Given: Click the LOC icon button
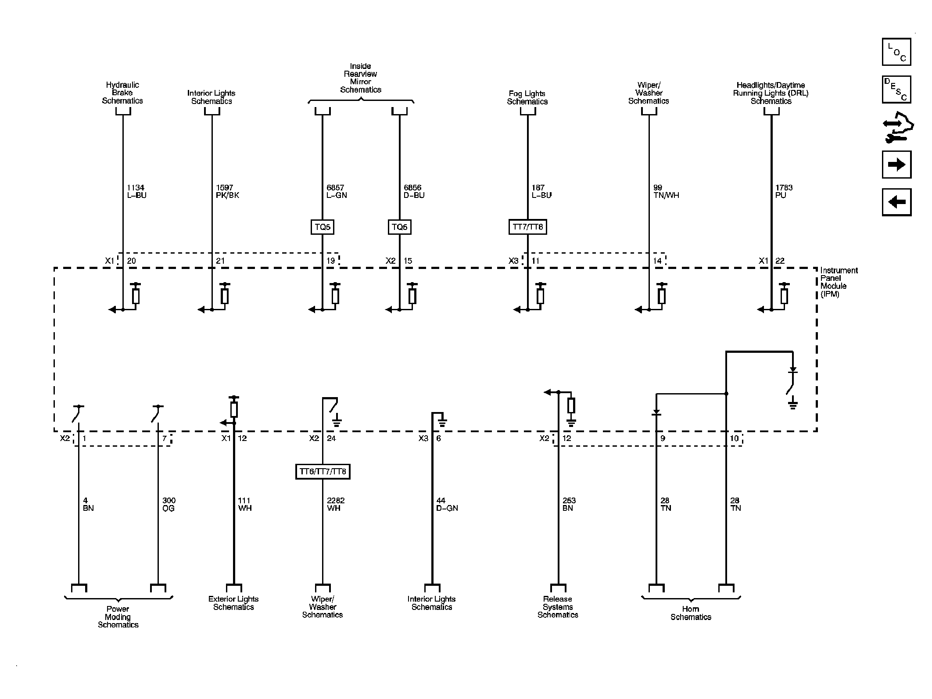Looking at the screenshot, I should coord(896,52).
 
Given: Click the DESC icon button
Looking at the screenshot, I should coord(896,90).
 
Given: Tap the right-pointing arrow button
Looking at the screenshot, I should coord(896,165).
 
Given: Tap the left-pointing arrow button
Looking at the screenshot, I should coord(896,202).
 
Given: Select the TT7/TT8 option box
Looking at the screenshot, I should coord(527,227).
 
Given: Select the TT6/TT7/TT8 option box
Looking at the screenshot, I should coord(323,472).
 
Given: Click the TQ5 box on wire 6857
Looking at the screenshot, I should coord(323,227).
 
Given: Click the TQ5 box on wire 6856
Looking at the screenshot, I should coord(399,227).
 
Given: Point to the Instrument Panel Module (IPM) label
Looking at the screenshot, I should coord(839,282).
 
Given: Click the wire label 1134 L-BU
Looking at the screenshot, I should coord(136,191).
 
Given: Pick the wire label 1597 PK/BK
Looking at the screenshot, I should coord(227,191).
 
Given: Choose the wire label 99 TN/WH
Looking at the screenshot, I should coord(666,191).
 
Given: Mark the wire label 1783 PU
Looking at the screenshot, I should coord(784,191).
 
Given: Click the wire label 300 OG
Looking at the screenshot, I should coord(168,504).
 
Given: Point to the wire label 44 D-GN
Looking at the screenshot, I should coord(447,504).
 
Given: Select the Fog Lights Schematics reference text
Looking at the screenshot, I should coord(527,97).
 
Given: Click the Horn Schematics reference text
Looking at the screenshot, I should coord(691,613).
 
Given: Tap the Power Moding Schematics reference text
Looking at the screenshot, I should coord(118,617).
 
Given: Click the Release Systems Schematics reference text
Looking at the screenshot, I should coord(558,607).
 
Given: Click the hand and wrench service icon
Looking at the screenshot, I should coord(897,128).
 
